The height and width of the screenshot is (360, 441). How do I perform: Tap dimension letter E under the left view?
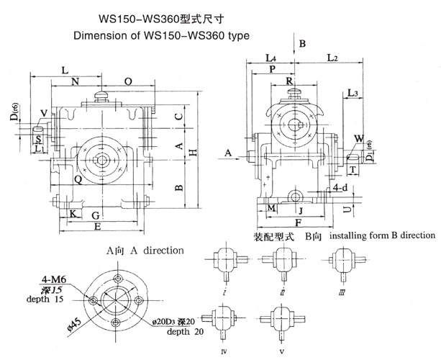[x=97, y=227]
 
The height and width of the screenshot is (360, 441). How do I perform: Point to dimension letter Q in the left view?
[x=77, y=180]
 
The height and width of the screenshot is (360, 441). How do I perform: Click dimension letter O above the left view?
[x=127, y=82]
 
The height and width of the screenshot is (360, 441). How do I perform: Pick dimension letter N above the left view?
[x=75, y=82]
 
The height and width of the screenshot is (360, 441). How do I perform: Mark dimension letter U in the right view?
[x=347, y=209]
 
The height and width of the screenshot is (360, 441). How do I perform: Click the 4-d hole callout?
[x=341, y=189]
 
